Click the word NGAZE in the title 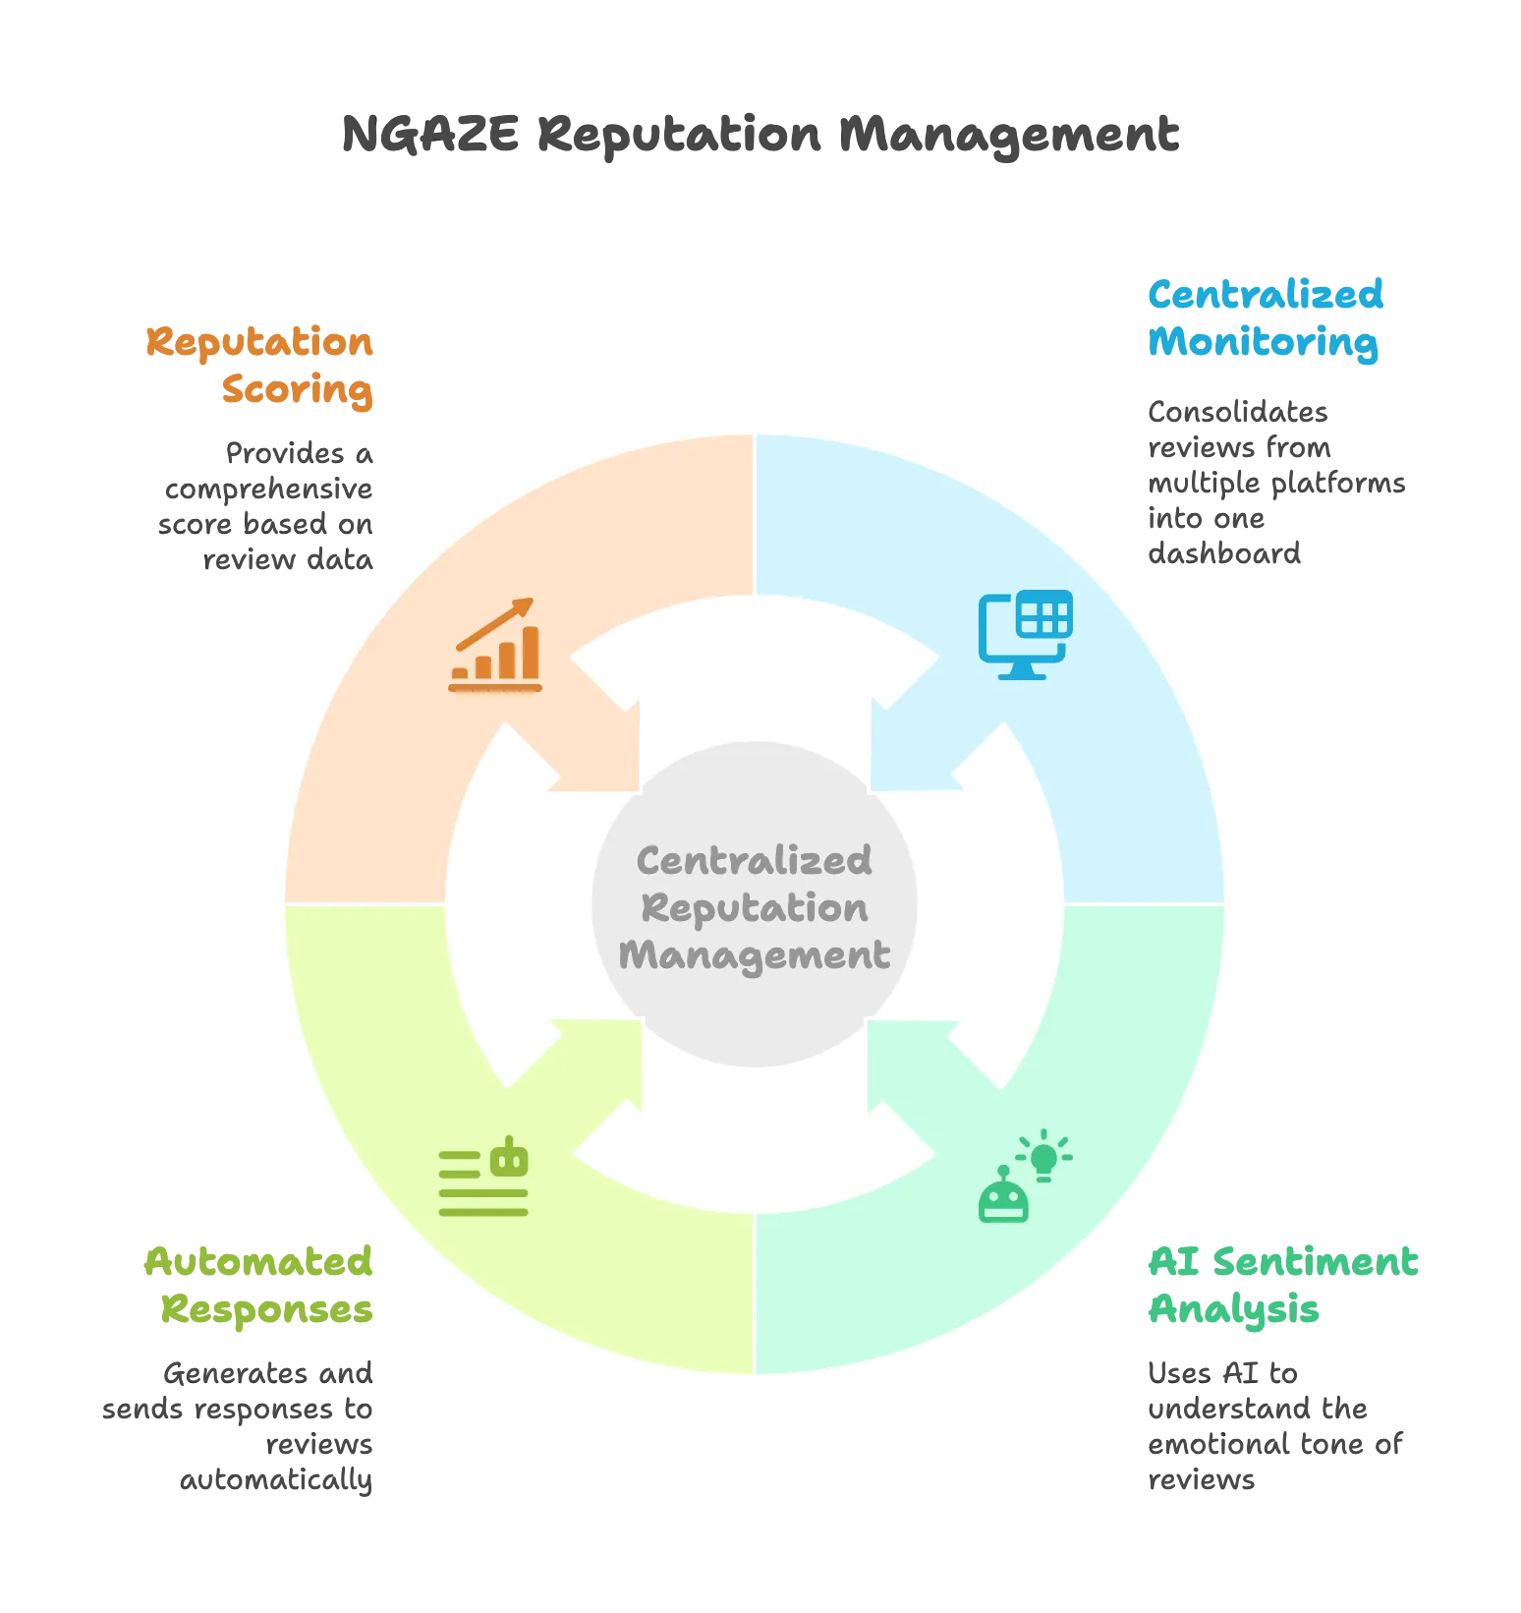pos(430,134)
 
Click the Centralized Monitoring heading pos(1266,318)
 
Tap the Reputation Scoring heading pos(259,366)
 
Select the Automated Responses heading pos(258,1286)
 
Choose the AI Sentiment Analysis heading pos(1283,1286)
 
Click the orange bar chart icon pos(495,645)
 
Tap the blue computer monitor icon pos(1025,635)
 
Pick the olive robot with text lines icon pos(483,1177)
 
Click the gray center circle pos(755,904)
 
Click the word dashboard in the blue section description pos(1224,553)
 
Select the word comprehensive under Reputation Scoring pos(268,489)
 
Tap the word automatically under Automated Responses pos(276,1479)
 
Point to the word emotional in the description pos(1213,1444)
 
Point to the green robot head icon pos(1003,1195)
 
